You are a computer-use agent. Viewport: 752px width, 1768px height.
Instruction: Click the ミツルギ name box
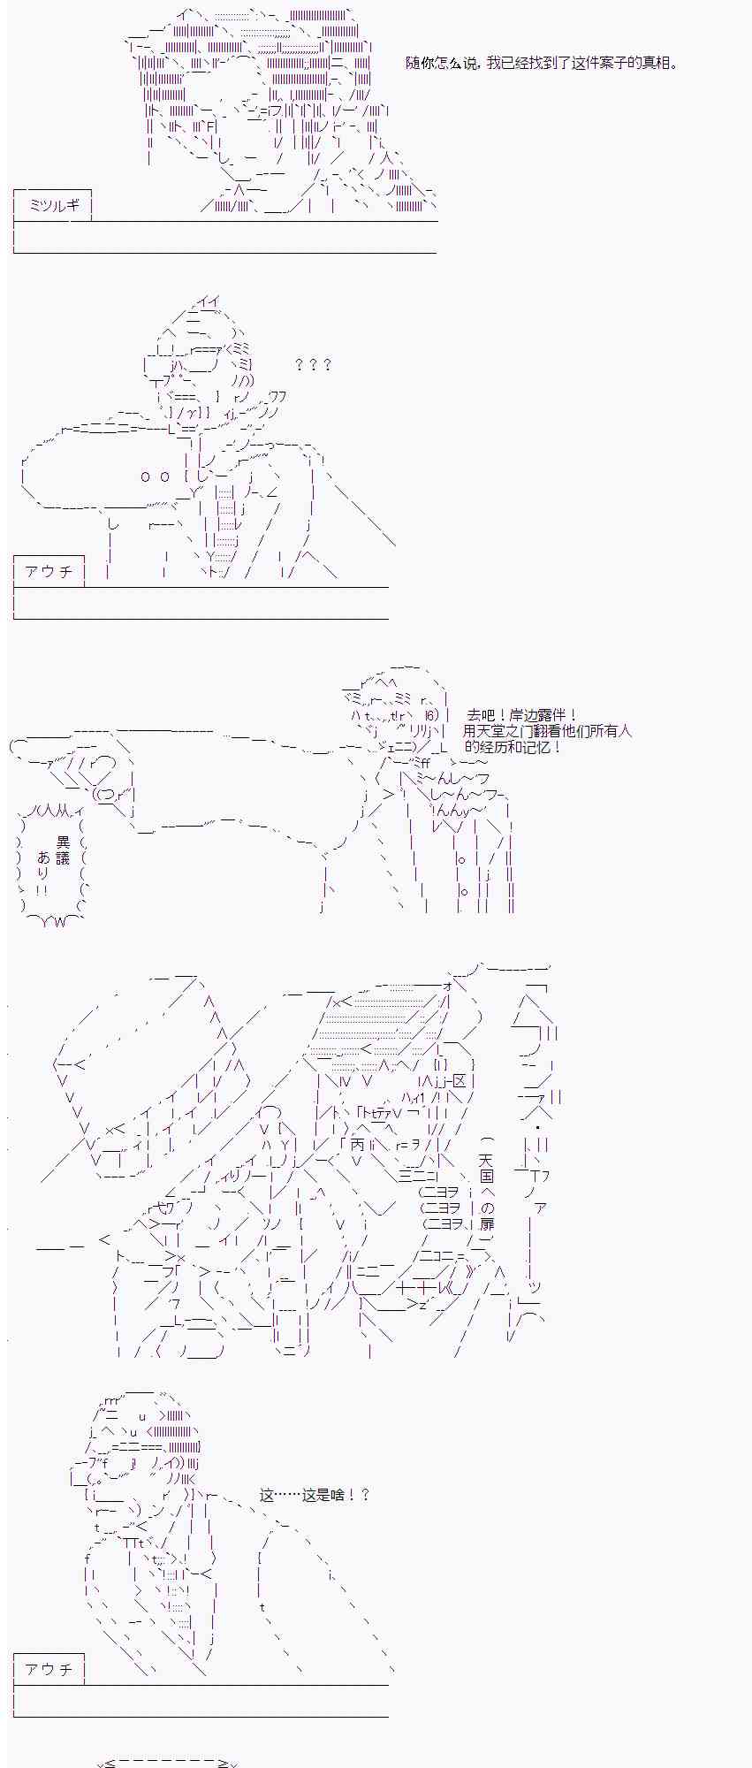54,205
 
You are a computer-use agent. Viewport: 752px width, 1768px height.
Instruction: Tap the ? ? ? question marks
313,364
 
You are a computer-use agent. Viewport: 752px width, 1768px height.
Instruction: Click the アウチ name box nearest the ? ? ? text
49,571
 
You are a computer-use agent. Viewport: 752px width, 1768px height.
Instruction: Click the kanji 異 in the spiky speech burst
63,842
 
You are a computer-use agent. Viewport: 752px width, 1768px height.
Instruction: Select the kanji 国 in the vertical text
487,1176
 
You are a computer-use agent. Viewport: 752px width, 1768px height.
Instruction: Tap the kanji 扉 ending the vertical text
487,1223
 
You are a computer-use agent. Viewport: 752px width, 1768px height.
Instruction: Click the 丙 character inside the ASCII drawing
357,1144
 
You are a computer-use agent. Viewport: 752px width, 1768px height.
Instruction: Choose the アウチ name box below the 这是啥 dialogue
49,1669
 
